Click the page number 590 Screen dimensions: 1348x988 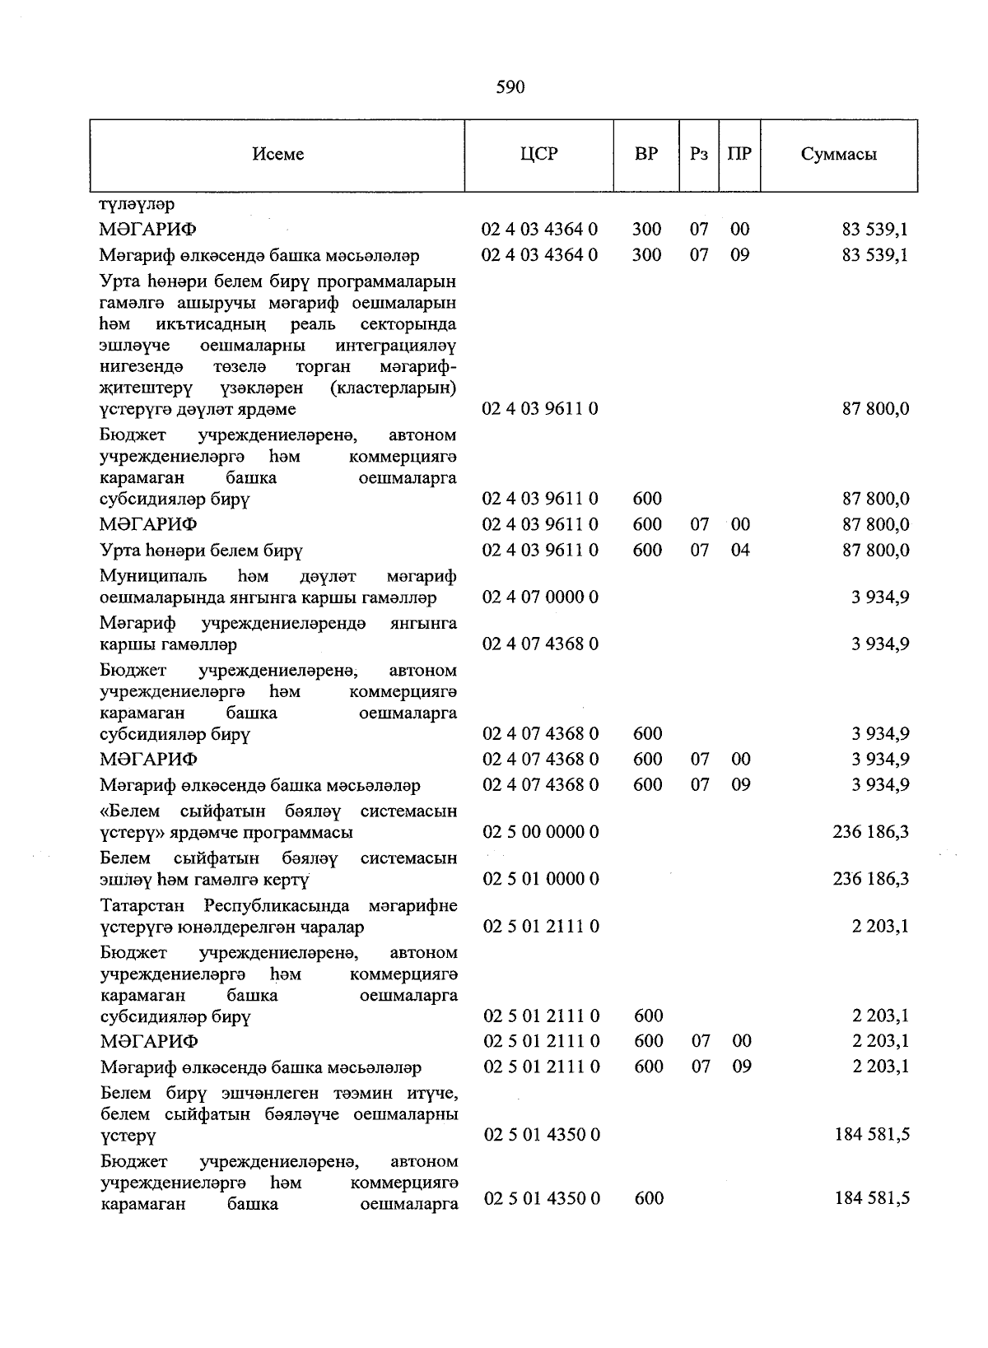coord(510,87)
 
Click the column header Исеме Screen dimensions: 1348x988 coord(278,155)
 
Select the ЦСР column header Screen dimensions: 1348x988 coord(539,155)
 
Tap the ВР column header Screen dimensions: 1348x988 coord(646,155)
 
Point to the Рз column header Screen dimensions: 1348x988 coord(699,155)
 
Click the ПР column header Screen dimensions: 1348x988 coord(739,155)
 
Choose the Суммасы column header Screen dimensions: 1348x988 coord(838,155)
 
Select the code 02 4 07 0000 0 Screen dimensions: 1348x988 coord(540,597)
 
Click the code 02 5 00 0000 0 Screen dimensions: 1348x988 coord(541,832)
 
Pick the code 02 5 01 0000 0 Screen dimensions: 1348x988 coord(541,879)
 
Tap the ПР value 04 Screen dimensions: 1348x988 coord(740,550)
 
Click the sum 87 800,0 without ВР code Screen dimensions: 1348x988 coord(876,409)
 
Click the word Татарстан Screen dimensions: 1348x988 coord(146,906)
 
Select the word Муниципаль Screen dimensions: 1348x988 coord(154,576)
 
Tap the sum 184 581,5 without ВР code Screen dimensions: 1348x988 coord(872,1135)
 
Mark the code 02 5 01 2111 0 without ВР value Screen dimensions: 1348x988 coord(542,927)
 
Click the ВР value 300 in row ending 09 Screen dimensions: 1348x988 coord(646,255)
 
